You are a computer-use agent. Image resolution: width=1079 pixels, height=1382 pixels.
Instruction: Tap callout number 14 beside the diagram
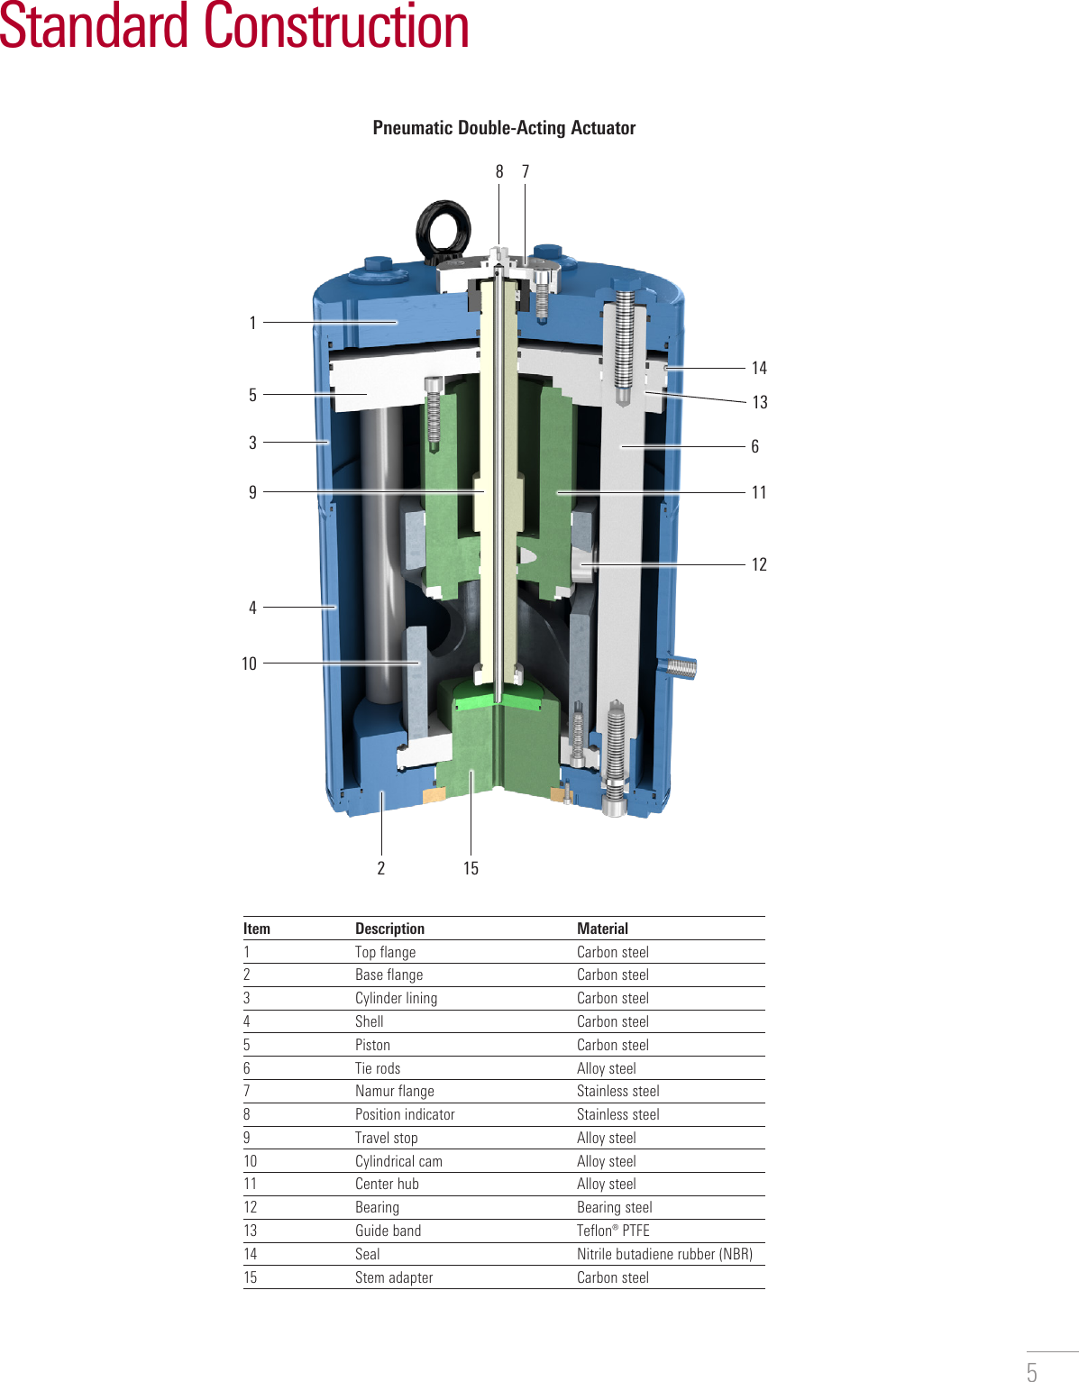coord(759,368)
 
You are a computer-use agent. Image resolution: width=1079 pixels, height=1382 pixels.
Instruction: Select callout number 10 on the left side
coord(250,664)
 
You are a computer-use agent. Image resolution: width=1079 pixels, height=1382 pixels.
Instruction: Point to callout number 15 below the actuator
coord(471,868)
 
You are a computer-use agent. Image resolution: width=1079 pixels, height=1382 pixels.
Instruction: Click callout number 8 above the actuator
coord(499,171)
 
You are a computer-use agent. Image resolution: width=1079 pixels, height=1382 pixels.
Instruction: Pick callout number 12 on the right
coord(759,564)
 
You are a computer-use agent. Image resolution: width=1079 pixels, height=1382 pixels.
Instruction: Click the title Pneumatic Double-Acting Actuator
coord(504,128)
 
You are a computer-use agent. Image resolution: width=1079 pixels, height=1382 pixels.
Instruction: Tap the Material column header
coord(602,929)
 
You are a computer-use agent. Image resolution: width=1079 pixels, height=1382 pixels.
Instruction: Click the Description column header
coord(389,929)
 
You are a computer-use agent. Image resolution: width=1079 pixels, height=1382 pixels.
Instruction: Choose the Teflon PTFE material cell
coord(613,1231)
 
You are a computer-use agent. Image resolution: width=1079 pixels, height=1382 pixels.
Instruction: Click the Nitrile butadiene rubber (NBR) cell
coord(664,1254)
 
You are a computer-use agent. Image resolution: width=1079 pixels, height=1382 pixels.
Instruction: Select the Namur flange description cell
coord(394,1091)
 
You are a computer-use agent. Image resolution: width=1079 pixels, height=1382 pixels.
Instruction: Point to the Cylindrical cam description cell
coord(398,1161)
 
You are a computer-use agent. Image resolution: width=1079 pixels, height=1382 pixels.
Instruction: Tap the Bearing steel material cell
coord(614,1207)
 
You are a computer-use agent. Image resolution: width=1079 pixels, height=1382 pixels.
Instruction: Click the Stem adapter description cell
coord(394,1277)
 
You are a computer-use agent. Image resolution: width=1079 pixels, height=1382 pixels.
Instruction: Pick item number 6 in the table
coord(247,1068)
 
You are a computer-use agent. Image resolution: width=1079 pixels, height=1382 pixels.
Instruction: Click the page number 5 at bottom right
coord(1031,1371)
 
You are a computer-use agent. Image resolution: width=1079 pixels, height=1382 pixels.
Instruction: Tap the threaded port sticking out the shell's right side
coord(683,668)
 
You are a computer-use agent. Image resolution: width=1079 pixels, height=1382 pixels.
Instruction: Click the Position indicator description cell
coord(405,1114)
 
